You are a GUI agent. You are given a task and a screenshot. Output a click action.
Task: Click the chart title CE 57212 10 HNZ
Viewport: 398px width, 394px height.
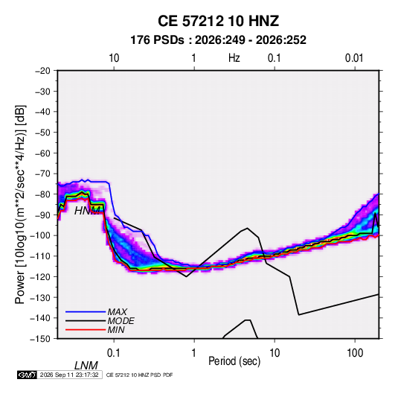coord(218,21)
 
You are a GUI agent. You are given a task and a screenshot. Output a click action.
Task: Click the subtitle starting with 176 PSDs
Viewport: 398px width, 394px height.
coord(218,40)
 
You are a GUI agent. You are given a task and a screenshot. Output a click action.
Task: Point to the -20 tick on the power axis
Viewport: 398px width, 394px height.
coord(42,71)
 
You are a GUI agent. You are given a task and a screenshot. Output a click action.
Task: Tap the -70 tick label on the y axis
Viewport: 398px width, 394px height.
coord(42,174)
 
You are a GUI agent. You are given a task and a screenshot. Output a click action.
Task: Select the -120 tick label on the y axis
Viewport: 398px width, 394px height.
coord(40,277)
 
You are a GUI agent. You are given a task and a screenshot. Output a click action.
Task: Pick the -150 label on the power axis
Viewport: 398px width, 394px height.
coord(40,339)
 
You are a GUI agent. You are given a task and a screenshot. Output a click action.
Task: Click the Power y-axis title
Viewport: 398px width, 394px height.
coord(20,205)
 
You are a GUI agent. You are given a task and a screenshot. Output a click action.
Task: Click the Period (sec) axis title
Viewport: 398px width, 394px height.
coord(234,361)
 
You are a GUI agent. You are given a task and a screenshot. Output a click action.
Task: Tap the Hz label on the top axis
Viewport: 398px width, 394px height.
coord(234,58)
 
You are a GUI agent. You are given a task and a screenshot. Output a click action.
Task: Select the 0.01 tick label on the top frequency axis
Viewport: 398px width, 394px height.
coord(354,58)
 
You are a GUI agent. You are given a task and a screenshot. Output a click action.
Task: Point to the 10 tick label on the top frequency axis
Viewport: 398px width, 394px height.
coord(114,58)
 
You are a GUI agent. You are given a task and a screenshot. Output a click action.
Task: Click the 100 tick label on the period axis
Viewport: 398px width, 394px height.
coord(355,353)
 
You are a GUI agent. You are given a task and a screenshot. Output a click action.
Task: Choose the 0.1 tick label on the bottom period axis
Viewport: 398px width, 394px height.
coord(113,353)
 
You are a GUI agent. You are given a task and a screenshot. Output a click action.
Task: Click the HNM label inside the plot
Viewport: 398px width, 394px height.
coord(87,211)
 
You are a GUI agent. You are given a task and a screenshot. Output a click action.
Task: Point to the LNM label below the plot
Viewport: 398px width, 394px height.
coord(86,366)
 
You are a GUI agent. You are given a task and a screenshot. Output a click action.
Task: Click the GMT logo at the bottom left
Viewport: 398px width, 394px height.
coord(27,375)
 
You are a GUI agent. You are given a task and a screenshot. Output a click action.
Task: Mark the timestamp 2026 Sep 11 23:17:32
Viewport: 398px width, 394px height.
coord(69,375)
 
